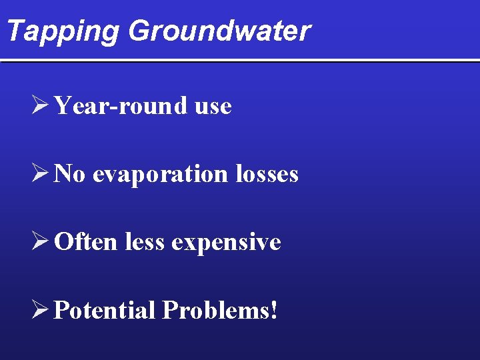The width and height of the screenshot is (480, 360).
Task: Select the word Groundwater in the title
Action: [219, 31]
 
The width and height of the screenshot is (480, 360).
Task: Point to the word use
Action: [213, 107]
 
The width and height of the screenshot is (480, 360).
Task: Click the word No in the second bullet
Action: [69, 174]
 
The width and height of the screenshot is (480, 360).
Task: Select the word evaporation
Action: [161, 175]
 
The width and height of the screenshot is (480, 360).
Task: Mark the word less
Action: [144, 241]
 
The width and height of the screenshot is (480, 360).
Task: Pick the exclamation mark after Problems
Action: [274, 310]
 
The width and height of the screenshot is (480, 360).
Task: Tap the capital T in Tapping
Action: [13, 31]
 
